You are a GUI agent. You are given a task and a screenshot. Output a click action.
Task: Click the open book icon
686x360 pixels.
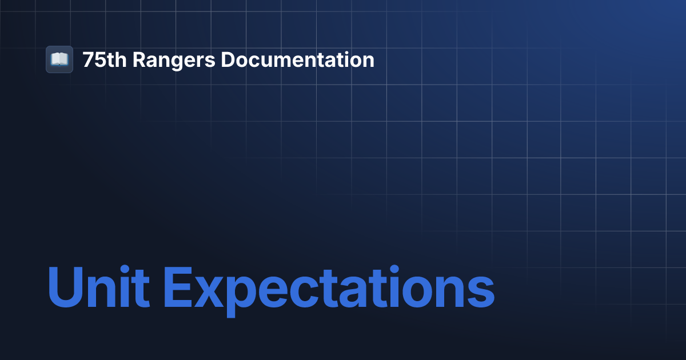(59, 59)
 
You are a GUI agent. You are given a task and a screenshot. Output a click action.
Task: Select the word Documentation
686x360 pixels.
(297, 60)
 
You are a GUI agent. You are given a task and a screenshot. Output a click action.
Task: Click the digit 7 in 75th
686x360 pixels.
(87, 60)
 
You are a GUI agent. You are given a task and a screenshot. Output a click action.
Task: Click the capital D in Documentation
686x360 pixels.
(228, 60)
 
